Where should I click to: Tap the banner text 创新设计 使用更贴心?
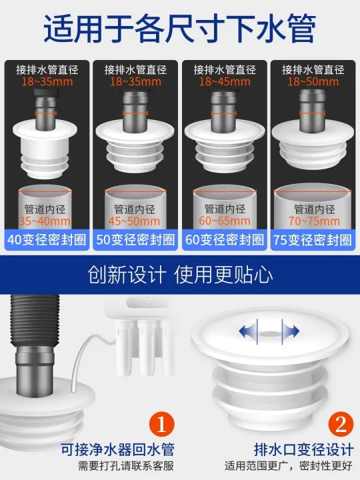coord(180,275)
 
